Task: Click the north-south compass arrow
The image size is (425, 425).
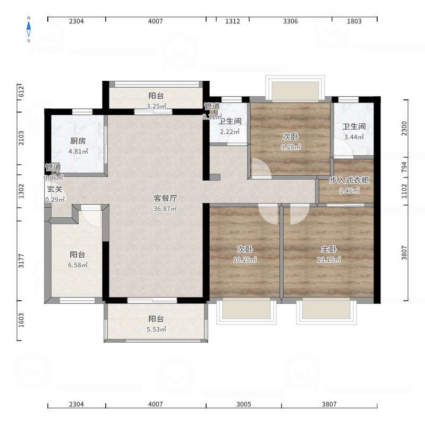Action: (29, 29)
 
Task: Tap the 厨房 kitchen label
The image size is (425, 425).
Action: (78, 141)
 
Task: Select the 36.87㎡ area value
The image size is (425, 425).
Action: (165, 209)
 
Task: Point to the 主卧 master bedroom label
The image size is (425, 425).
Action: (329, 249)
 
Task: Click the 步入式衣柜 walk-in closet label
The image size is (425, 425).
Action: (349, 180)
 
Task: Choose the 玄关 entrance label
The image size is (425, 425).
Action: (55, 189)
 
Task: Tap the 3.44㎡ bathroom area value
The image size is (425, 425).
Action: (354, 137)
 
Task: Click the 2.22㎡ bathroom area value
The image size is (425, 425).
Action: (229, 132)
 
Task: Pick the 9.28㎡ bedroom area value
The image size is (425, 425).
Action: (291, 147)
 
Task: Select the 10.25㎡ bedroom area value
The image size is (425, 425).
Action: (245, 259)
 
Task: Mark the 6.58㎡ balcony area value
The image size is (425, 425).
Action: (78, 265)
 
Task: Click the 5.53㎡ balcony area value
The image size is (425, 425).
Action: (156, 329)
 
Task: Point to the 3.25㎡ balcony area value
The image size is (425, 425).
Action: (156, 106)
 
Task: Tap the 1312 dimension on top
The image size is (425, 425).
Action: (233, 21)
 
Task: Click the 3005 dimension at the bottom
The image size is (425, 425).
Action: (244, 404)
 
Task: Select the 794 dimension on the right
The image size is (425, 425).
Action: (404, 167)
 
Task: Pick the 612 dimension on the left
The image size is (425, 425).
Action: (21, 91)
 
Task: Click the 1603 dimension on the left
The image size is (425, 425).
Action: (21, 320)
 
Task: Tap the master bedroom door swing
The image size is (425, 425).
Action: (299, 215)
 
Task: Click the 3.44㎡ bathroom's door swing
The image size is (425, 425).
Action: (343, 148)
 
